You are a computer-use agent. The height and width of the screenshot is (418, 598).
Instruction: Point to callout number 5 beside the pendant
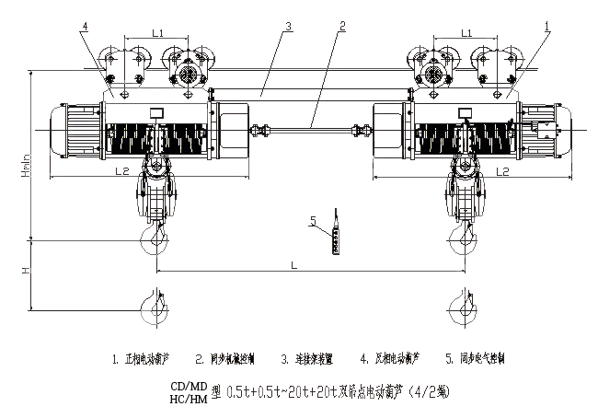(313, 221)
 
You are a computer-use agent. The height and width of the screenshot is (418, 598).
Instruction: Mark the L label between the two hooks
(293, 265)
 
